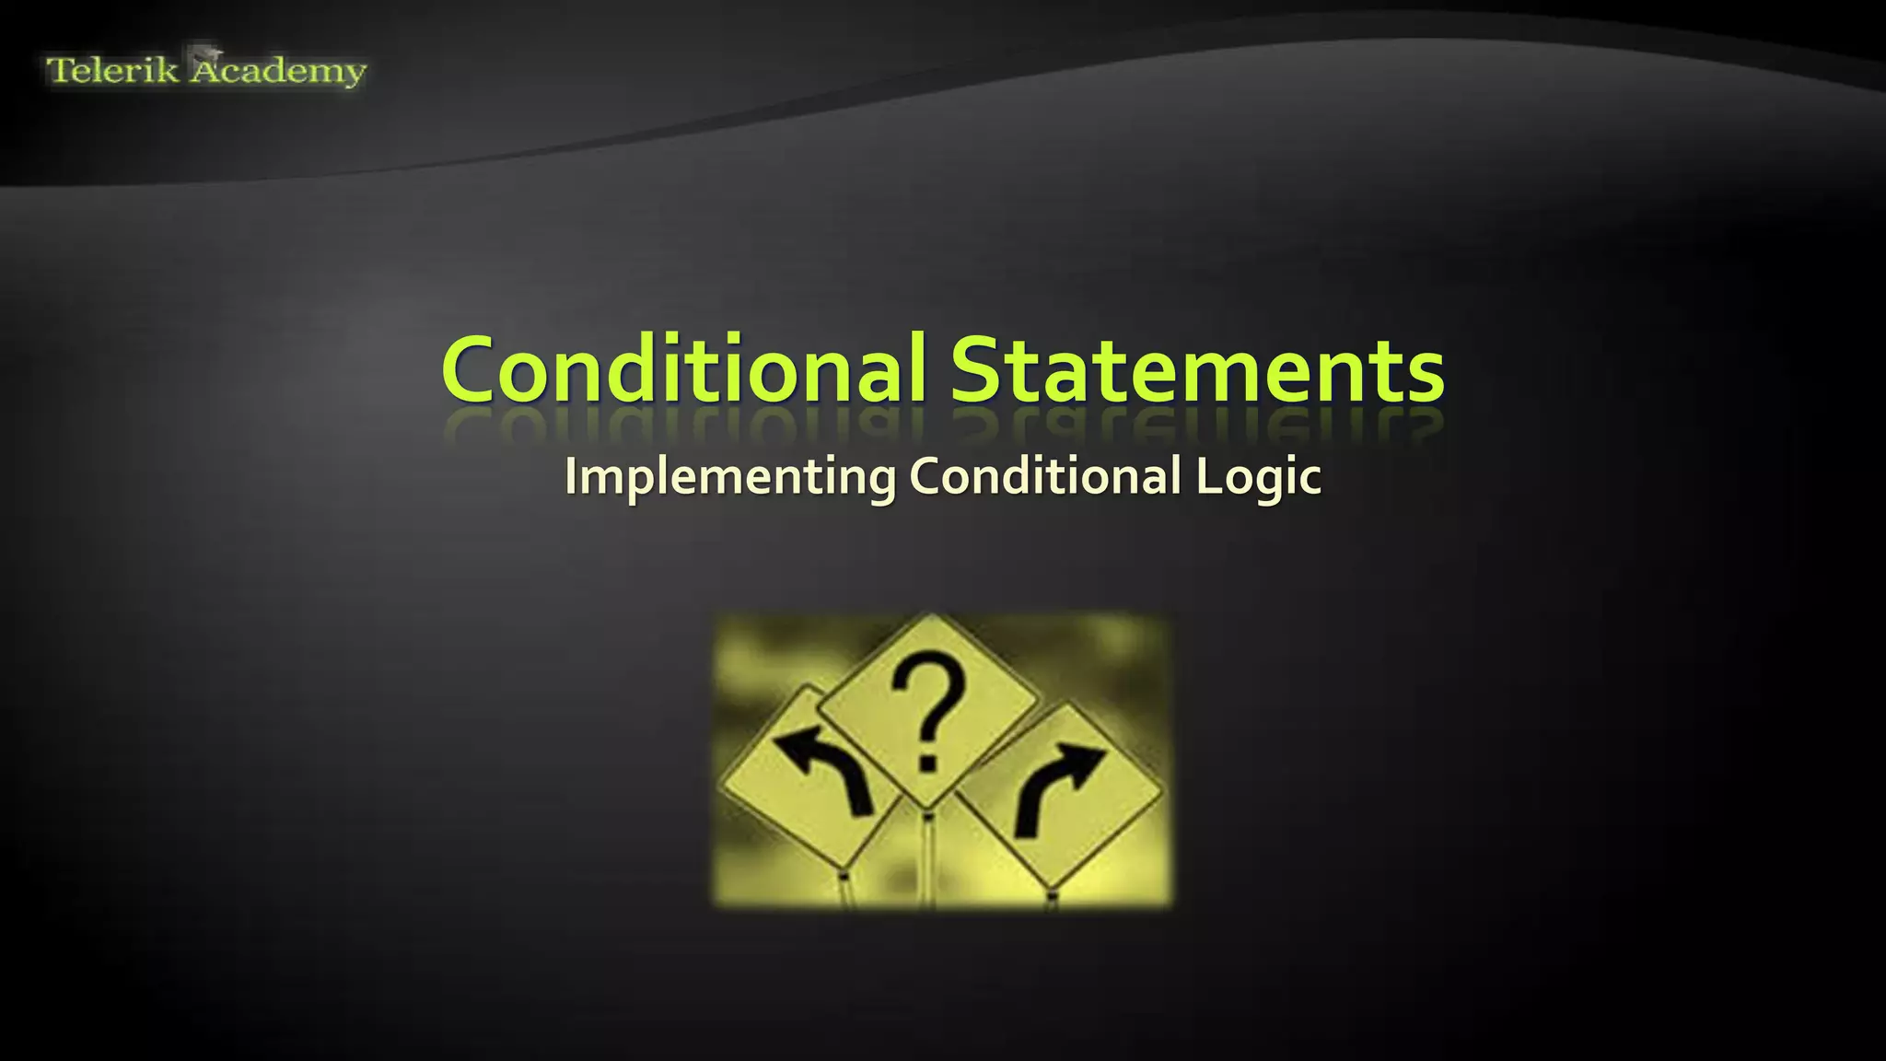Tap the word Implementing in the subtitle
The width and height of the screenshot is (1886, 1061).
730,477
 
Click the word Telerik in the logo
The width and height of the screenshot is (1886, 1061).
111,71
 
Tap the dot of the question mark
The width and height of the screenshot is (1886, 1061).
926,763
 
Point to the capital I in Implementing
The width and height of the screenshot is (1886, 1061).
572,475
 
